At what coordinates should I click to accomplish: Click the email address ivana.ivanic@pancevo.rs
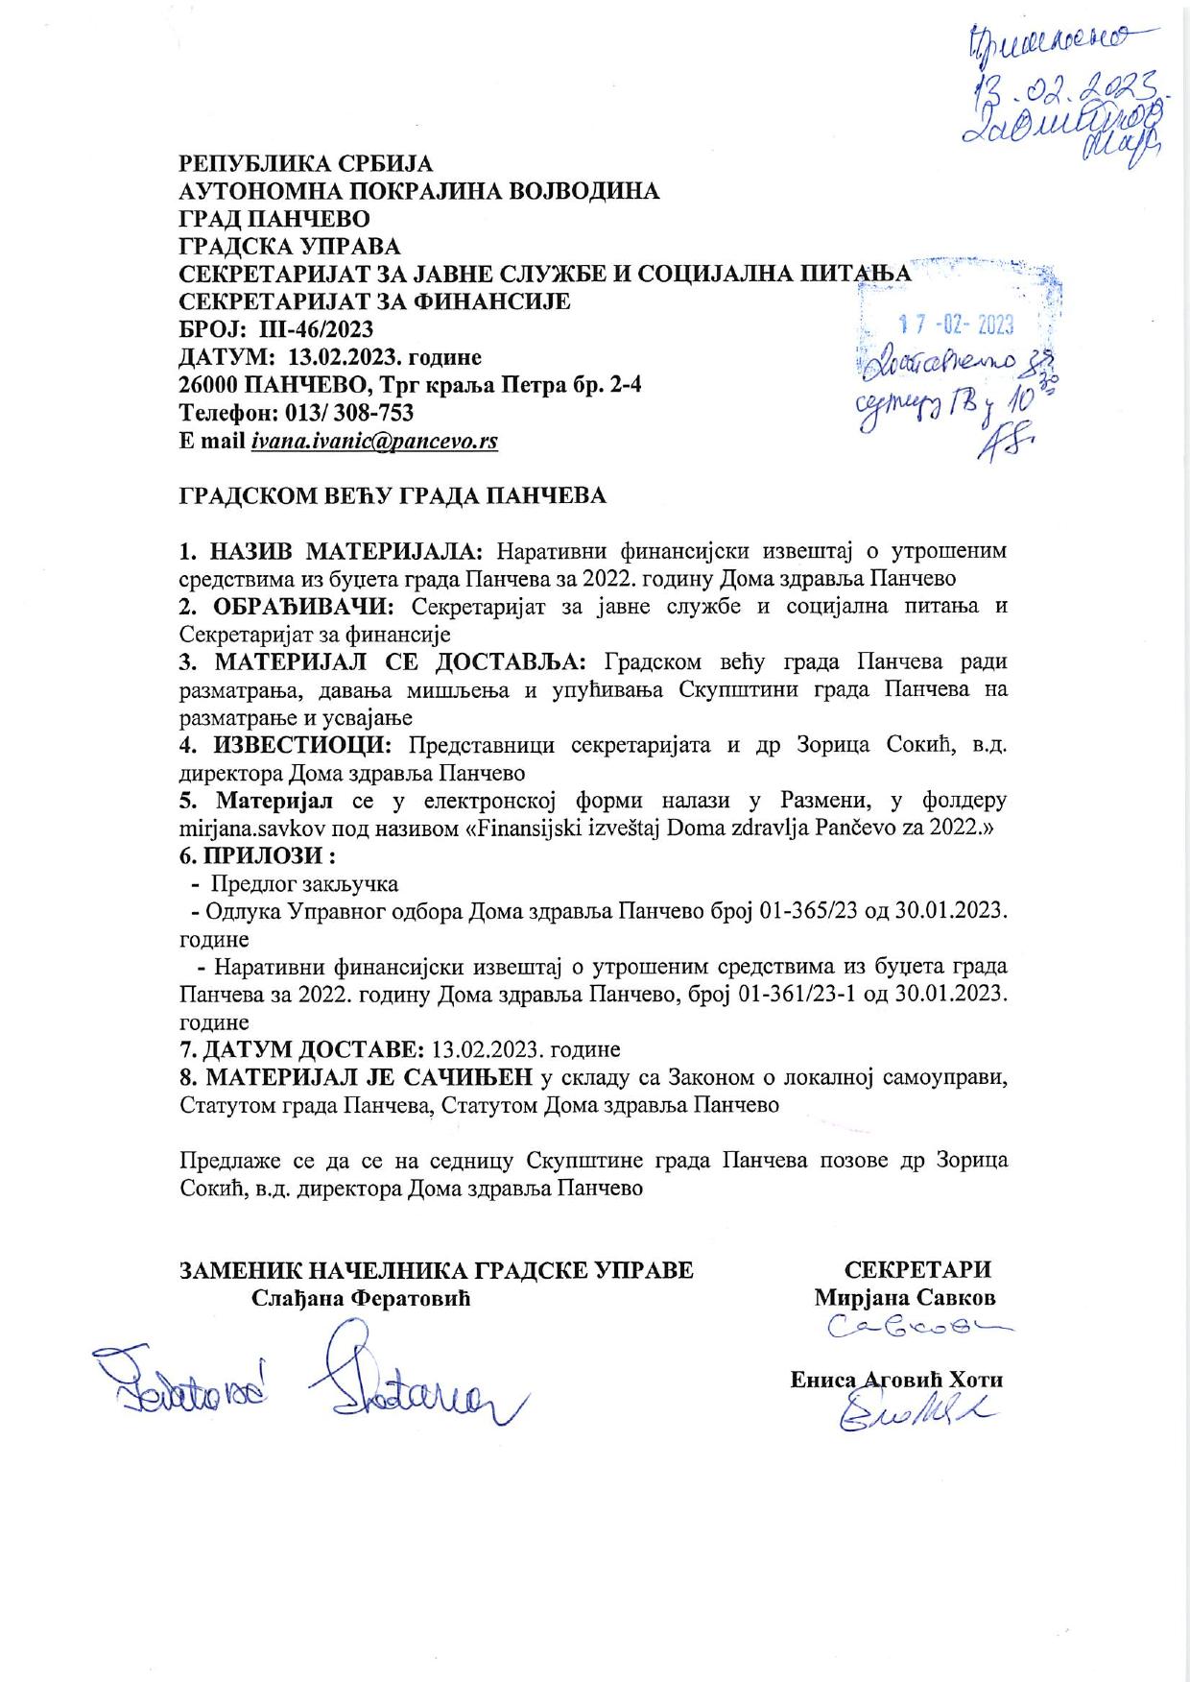pos(374,441)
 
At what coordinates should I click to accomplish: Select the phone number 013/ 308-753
pos(332,413)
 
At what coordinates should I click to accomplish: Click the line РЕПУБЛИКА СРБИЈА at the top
pos(306,162)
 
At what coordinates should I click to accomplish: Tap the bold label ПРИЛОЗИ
pos(266,855)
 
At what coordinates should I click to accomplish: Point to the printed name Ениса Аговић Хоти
pos(896,1380)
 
